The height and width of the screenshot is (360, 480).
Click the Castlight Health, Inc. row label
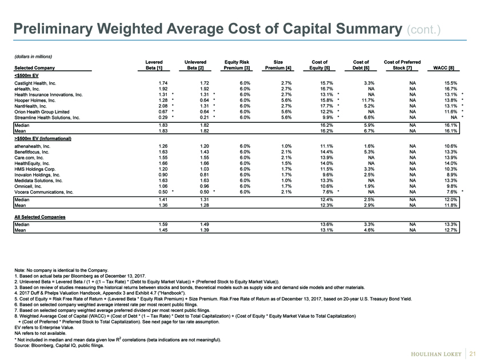35,83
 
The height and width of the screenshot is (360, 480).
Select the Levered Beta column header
154,65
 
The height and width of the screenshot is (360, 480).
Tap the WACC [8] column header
443,68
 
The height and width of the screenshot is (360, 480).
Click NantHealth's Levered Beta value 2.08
163,106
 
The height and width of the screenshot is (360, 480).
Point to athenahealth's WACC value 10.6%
451,146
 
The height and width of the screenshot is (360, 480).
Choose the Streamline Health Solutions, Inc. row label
47,118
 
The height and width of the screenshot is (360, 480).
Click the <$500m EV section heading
26,75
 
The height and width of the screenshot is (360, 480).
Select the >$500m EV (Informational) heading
43,139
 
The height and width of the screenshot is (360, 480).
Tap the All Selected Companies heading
40,217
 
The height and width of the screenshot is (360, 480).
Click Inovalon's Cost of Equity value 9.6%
327,175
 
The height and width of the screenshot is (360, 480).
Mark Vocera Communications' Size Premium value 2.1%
286,192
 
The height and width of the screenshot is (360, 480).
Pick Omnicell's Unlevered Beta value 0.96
205,186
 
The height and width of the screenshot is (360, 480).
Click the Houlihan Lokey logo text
436,354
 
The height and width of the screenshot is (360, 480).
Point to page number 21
473,354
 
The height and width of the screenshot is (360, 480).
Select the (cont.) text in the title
423,30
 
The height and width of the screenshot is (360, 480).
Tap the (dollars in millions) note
33,57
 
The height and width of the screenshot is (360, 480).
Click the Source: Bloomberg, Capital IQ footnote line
59,346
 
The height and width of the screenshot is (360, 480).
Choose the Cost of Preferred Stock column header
402,65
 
